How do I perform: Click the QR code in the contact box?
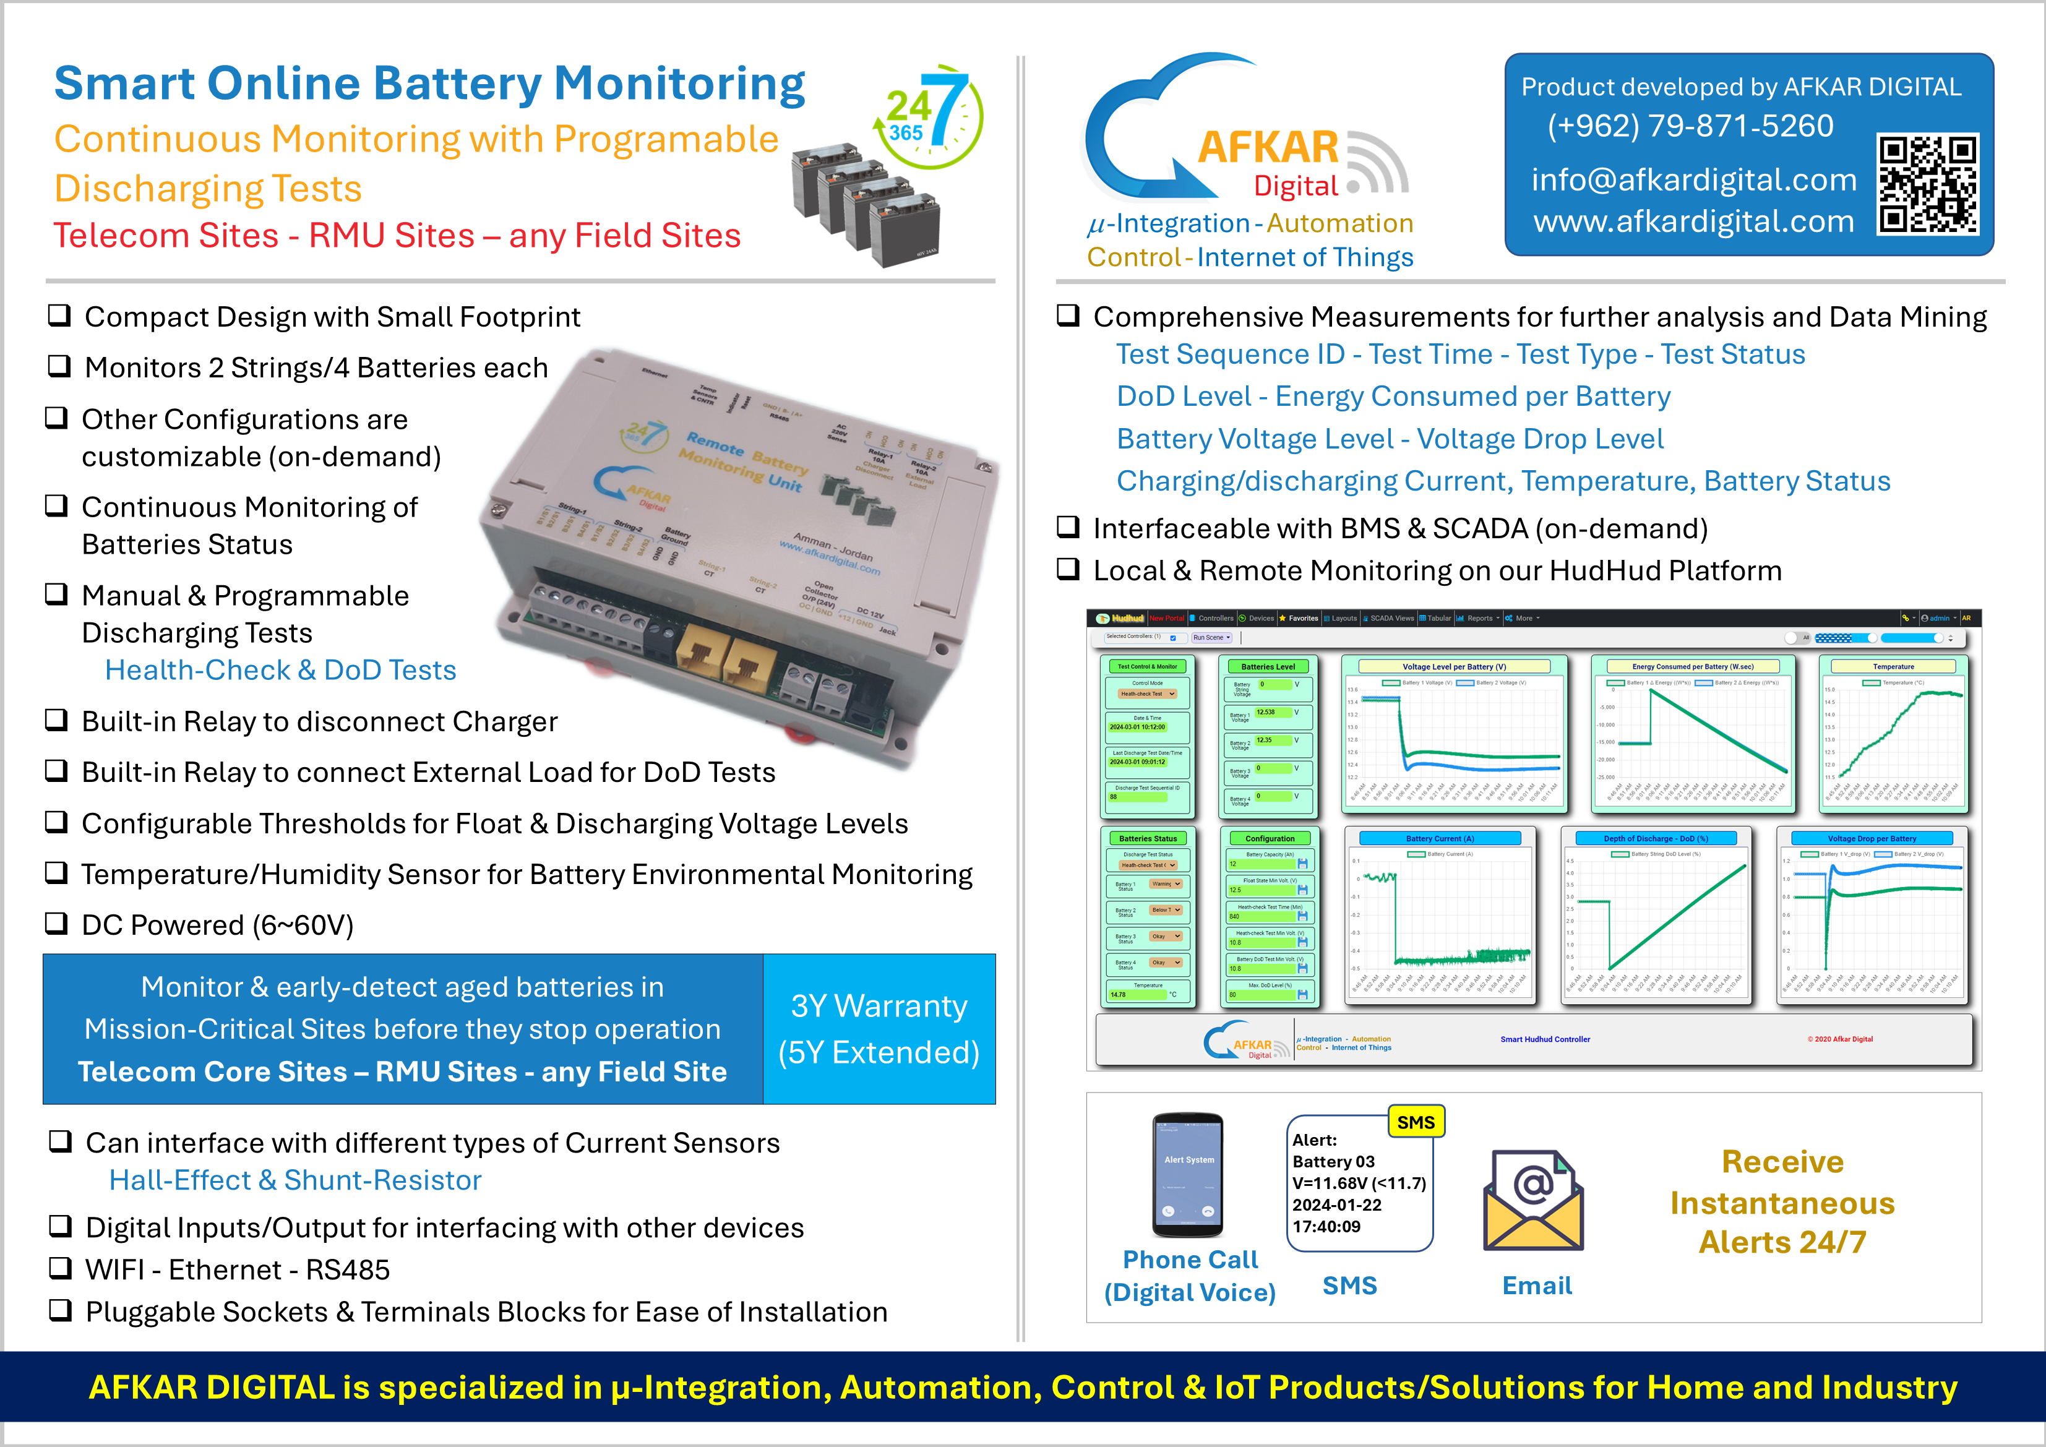[1927, 184]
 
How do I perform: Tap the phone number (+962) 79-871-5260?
[1690, 127]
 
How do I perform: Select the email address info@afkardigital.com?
[1693, 180]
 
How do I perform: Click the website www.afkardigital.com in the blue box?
[1693, 221]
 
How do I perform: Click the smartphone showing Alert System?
[1188, 1174]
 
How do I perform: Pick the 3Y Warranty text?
[879, 1006]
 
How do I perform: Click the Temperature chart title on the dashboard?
[1893, 666]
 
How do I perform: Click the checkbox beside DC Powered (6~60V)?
[57, 923]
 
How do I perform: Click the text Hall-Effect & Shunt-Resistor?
[295, 1180]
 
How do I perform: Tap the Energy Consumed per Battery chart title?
[1692, 666]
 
